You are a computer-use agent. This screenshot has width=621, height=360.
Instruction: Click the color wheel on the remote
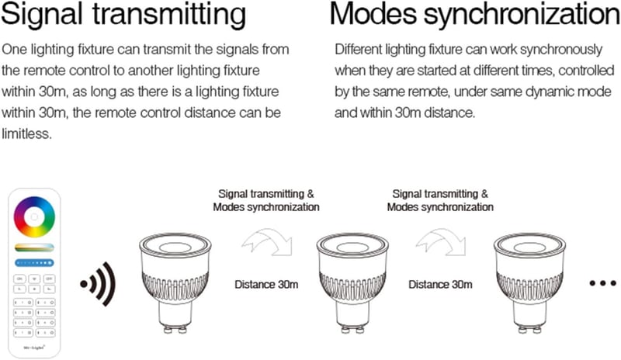pos(34,217)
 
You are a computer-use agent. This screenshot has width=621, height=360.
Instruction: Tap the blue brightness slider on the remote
pos(34,262)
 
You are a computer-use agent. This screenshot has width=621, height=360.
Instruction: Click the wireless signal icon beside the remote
pos(98,283)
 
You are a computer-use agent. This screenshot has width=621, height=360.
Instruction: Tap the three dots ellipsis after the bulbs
pos(603,283)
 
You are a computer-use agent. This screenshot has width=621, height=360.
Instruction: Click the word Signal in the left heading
pos(43,15)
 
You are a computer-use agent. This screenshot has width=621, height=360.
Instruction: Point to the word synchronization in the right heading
pos(522,15)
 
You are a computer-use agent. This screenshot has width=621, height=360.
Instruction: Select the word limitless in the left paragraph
pos(26,133)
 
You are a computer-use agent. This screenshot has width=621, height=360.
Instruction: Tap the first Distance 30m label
pos(266,285)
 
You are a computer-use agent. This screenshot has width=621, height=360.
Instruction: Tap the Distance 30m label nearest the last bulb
pos(440,285)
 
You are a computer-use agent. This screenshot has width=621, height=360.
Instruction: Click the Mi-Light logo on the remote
pos(34,348)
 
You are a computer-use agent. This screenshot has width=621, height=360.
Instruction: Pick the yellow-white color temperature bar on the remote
pos(34,247)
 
